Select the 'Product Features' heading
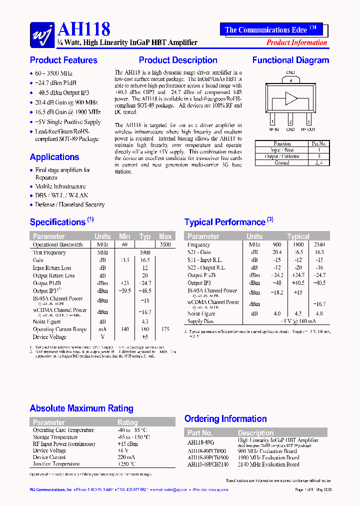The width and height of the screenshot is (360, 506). [x=63, y=60]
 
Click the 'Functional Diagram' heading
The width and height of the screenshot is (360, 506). [x=290, y=60]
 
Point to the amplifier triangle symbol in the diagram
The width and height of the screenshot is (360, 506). [x=291, y=98]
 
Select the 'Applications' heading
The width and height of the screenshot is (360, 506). [x=54, y=157]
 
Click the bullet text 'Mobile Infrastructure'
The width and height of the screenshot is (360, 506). [x=60, y=186]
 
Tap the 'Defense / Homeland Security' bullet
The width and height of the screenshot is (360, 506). [x=69, y=204]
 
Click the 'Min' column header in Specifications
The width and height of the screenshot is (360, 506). [x=124, y=236]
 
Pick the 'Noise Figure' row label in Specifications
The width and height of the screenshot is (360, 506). [x=47, y=321]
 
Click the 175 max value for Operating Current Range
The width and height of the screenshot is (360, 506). [x=165, y=329]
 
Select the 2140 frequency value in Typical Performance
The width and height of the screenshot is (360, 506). [x=319, y=245]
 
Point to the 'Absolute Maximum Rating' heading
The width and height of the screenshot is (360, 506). [x=81, y=408]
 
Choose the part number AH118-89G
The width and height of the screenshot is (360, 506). [x=200, y=442]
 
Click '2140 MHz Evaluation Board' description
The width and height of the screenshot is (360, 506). [x=268, y=464]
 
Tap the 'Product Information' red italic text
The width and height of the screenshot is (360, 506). [x=296, y=42]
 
